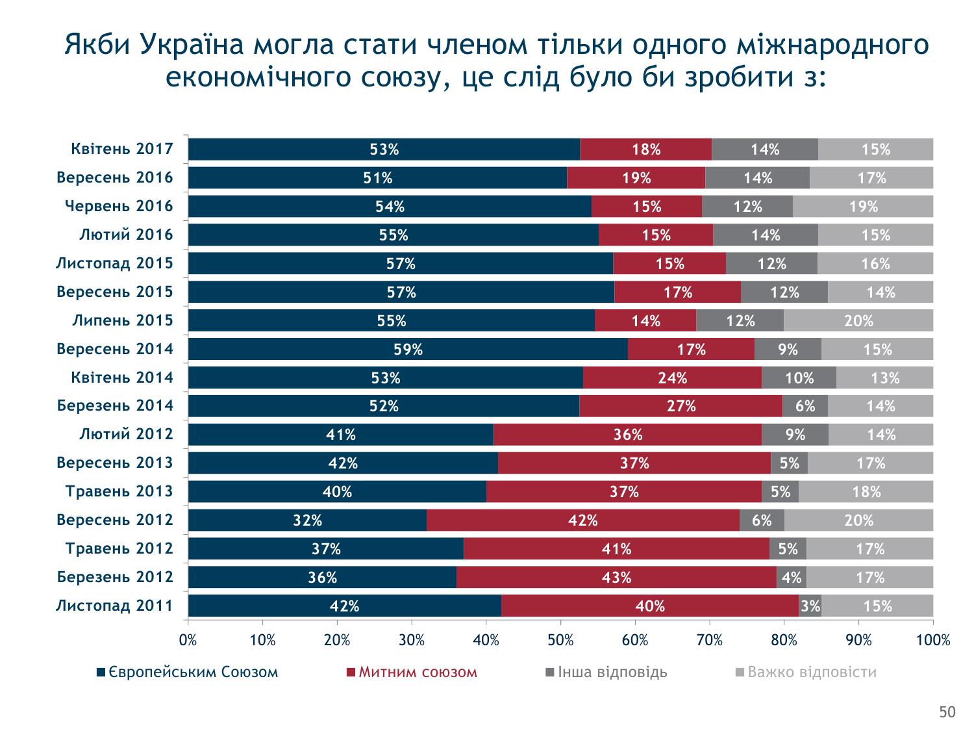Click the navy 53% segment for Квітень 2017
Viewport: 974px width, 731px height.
tap(384, 149)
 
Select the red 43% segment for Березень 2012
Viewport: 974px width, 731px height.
tap(616, 577)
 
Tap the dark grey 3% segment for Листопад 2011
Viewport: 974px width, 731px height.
tap(810, 606)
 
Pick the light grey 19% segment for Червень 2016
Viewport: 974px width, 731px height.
tap(863, 206)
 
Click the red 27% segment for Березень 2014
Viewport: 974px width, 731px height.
tap(681, 406)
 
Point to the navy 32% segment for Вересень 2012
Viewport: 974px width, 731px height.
tap(307, 520)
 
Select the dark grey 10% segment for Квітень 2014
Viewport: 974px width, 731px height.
tap(799, 378)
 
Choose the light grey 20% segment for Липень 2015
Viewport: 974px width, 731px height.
tap(858, 320)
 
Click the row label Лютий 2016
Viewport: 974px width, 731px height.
tap(126, 235)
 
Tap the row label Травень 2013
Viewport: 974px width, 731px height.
tap(119, 491)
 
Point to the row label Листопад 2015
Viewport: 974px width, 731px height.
tap(114, 263)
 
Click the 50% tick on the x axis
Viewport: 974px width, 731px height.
tap(560, 640)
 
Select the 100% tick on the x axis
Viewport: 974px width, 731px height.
tap(933, 640)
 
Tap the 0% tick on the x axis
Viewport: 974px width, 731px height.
tap(188, 640)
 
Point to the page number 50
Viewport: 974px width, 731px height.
tap(947, 713)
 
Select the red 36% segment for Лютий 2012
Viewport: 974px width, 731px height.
tap(627, 435)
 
